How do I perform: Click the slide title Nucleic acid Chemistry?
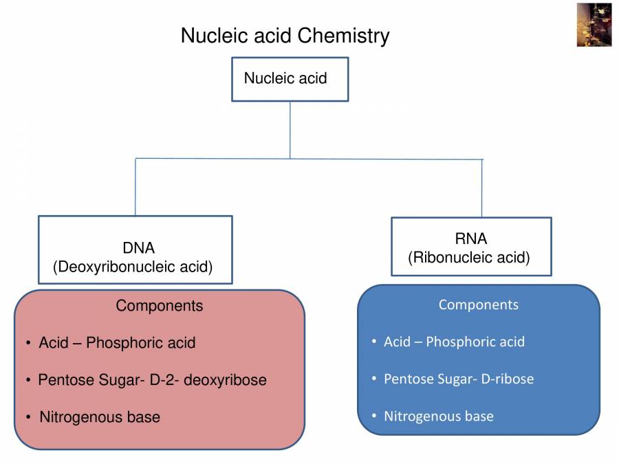pos(285,35)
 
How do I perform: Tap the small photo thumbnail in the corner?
pos(594,25)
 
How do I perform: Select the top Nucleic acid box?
pos(290,78)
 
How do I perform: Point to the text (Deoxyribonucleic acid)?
pos(133,267)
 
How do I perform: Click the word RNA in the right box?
pos(470,239)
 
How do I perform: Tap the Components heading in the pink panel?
pos(159,305)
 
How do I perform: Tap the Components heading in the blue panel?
pos(478,304)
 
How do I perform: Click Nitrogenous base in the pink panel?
pos(100,417)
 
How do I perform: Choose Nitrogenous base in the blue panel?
pos(438,416)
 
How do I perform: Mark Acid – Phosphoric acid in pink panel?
pos(117,342)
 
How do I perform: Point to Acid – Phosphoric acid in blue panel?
pos(454,342)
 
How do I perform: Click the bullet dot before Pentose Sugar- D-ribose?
pos(373,379)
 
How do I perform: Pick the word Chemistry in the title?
pos(349,35)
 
